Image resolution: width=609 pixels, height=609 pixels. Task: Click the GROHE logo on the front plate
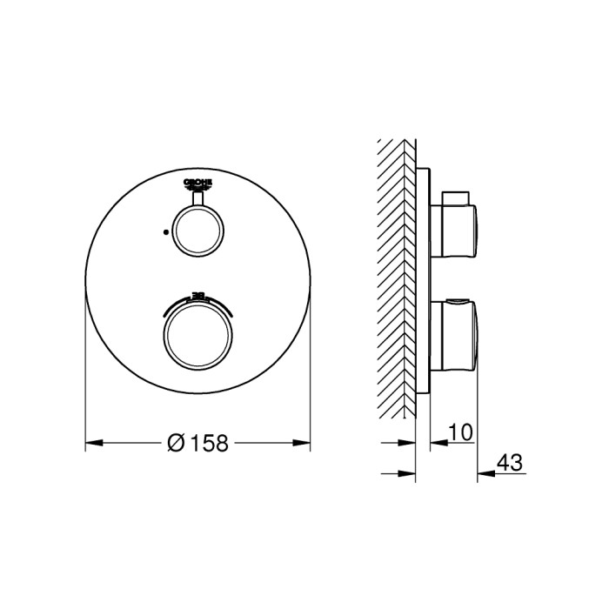pos(197,182)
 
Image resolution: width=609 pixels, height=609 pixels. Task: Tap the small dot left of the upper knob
pos(164,232)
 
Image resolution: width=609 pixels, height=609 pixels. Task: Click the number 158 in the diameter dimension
pos(209,443)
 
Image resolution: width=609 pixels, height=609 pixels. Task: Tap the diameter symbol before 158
pos(175,443)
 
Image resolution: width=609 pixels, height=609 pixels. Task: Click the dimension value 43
pos(512,462)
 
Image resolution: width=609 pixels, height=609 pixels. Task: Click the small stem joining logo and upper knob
pos(197,199)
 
